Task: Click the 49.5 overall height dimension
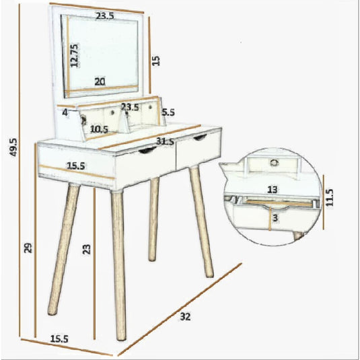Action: (x=13, y=147)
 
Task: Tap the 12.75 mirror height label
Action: (x=74, y=56)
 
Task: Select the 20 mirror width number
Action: (x=100, y=81)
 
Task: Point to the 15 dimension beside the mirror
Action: (x=156, y=61)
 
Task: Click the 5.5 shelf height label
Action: (x=168, y=112)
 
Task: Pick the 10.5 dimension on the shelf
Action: (x=99, y=129)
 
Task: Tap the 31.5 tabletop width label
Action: (x=165, y=141)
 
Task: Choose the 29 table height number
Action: (x=28, y=248)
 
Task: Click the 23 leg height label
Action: (x=86, y=250)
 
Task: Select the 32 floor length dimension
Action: (x=185, y=317)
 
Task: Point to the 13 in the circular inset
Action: (x=273, y=190)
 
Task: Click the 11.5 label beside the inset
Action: (x=329, y=197)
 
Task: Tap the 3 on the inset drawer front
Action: (x=275, y=217)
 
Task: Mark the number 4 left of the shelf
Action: (x=65, y=113)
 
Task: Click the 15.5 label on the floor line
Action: (x=59, y=339)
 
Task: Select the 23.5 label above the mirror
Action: (x=105, y=16)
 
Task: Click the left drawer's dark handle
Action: (x=147, y=150)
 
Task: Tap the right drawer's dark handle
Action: (x=200, y=137)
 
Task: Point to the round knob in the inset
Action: (x=273, y=163)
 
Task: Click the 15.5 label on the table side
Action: (x=76, y=166)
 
